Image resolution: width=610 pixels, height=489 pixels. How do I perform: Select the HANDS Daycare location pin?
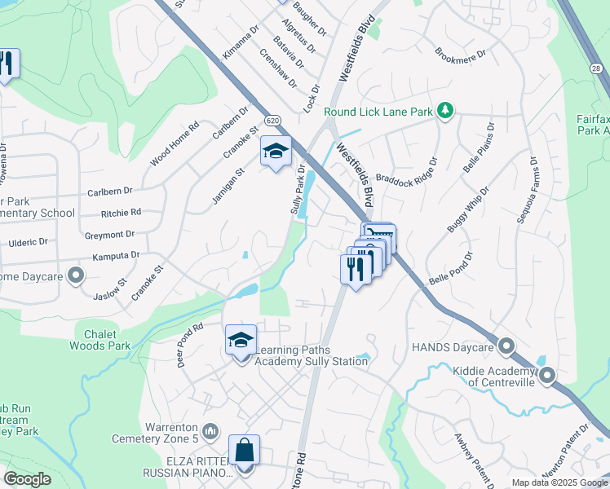(506, 348)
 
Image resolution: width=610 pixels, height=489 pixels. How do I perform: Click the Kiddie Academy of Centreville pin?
(546, 376)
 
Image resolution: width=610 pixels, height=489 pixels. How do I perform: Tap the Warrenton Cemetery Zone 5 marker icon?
(210, 430)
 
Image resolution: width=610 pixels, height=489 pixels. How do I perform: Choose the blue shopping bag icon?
(244, 450)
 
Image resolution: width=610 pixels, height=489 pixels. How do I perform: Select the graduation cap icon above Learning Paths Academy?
(241, 341)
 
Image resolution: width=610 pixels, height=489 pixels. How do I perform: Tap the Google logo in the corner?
(28, 479)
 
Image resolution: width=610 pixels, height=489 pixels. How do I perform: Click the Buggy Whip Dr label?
(467, 209)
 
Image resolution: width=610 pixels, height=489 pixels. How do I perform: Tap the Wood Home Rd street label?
(175, 143)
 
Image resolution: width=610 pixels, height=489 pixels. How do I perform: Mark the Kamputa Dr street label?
(115, 255)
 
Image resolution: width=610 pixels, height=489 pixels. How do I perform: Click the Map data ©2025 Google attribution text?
(559, 482)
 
